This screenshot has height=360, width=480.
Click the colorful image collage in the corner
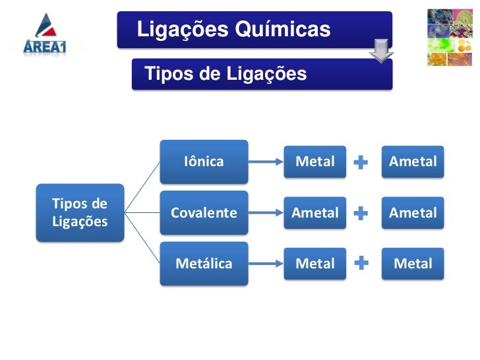click(x=450, y=37)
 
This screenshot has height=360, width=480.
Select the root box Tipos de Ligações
click(x=80, y=212)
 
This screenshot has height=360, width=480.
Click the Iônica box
click(x=204, y=162)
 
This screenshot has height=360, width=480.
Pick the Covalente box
click(x=204, y=212)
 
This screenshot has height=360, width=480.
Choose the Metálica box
click(x=204, y=263)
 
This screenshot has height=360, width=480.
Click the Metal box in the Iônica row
click(x=315, y=162)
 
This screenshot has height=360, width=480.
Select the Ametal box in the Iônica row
click(x=413, y=162)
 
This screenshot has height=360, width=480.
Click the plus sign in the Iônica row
click(x=361, y=162)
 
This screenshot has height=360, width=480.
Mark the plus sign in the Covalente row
click(x=361, y=213)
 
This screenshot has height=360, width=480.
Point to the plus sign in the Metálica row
click(x=361, y=264)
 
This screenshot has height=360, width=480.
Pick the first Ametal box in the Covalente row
click(x=315, y=212)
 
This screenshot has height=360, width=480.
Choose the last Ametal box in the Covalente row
click(x=413, y=212)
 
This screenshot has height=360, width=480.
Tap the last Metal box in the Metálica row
click(x=413, y=263)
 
